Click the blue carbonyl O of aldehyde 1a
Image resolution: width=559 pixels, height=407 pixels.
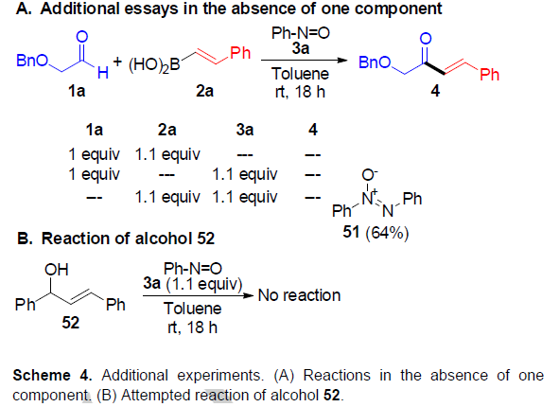(x=82, y=36)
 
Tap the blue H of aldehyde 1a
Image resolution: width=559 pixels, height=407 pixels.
(x=103, y=73)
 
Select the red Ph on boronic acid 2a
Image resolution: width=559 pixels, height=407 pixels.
(x=240, y=53)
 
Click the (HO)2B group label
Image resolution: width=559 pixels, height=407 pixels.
(x=154, y=65)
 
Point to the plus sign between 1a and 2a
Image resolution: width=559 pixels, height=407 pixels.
(x=117, y=62)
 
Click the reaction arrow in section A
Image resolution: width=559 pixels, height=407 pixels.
(x=305, y=60)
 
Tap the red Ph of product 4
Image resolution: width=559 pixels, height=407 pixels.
(x=489, y=75)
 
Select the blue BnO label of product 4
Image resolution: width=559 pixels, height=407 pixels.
(x=375, y=62)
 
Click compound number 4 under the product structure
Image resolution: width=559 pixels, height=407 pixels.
(x=435, y=91)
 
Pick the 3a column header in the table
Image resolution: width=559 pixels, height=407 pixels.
(x=245, y=130)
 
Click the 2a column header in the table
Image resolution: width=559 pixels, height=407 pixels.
(x=166, y=130)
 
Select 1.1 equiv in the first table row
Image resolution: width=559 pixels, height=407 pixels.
(x=167, y=154)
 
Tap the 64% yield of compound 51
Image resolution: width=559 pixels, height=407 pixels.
(x=387, y=233)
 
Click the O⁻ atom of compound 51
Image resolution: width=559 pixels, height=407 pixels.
(x=370, y=175)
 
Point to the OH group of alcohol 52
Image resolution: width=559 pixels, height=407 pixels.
(x=57, y=270)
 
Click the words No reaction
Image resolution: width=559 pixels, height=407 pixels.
(x=299, y=295)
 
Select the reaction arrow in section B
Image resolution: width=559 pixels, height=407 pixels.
(x=199, y=295)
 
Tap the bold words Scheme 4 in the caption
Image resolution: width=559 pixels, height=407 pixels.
(x=52, y=375)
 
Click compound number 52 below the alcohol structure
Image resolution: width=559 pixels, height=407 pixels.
(x=70, y=323)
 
